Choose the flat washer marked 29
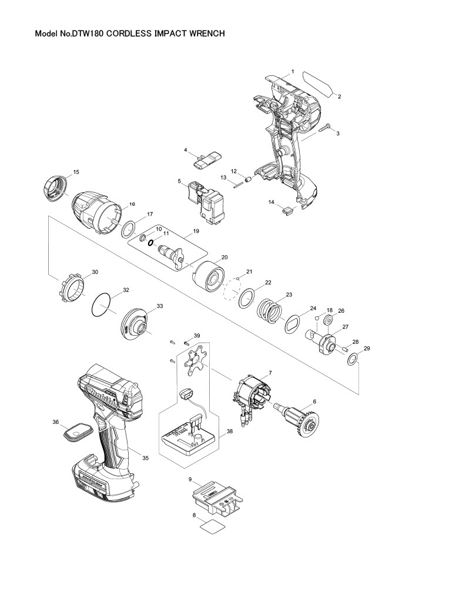(x=352, y=359)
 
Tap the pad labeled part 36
(x=76, y=433)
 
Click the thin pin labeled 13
(x=239, y=183)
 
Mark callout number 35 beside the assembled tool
(x=145, y=457)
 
